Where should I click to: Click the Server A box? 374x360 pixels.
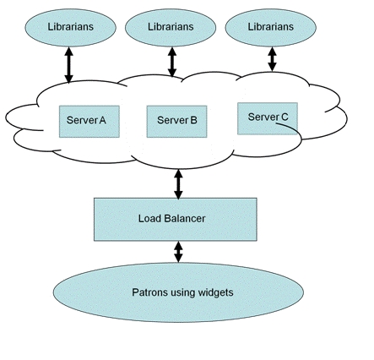click(x=89, y=122)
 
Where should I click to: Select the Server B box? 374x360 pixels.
click(x=177, y=122)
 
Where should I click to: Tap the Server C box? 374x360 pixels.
click(x=268, y=118)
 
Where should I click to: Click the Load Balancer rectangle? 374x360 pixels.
click(x=176, y=219)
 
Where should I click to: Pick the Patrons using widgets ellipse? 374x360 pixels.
click(x=178, y=292)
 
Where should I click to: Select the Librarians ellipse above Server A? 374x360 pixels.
click(x=70, y=27)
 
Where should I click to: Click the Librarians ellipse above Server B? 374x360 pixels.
click(x=171, y=27)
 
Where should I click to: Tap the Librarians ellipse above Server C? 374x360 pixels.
click(x=271, y=27)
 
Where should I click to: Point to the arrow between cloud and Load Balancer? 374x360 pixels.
click(x=178, y=184)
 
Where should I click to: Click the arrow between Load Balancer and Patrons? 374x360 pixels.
click(x=178, y=252)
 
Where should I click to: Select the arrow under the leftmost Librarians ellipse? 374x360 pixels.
click(x=69, y=65)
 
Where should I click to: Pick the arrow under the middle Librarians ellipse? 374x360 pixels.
click(x=172, y=62)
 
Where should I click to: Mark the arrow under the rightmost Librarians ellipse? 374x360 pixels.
click(x=272, y=59)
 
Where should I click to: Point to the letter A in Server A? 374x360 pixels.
click(x=102, y=120)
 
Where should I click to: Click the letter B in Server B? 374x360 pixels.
click(x=193, y=120)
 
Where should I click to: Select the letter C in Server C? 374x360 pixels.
click(x=285, y=117)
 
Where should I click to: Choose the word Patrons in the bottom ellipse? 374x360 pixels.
click(x=149, y=292)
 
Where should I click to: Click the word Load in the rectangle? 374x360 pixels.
click(x=149, y=218)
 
